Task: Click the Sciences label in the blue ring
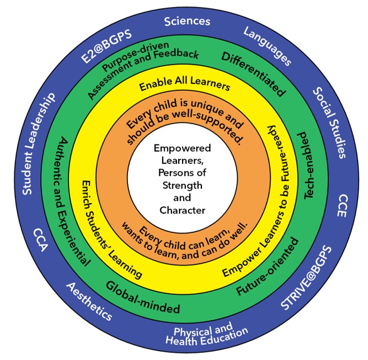[187, 22]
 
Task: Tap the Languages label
[267, 46]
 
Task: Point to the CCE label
[342, 205]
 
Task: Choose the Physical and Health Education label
[206, 333]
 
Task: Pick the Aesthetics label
[89, 301]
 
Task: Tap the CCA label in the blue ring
[41, 240]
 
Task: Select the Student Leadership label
[39, 144]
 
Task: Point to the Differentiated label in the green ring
[254, 74]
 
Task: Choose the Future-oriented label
[268, 267]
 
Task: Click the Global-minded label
[143, 298]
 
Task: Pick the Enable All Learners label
[185, 83]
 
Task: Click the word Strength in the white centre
[183, 186]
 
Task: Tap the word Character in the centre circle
[183, 210]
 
